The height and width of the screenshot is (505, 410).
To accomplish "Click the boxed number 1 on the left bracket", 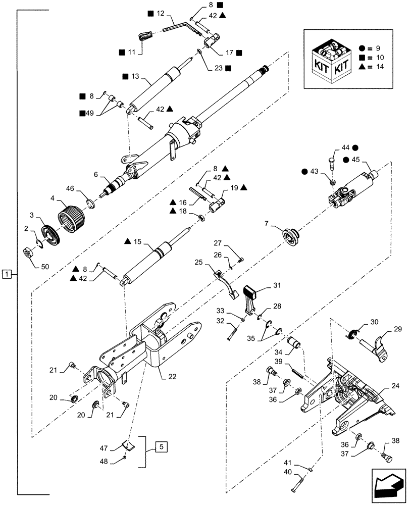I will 6,274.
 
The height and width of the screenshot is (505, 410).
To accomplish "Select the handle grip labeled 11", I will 145,38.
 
